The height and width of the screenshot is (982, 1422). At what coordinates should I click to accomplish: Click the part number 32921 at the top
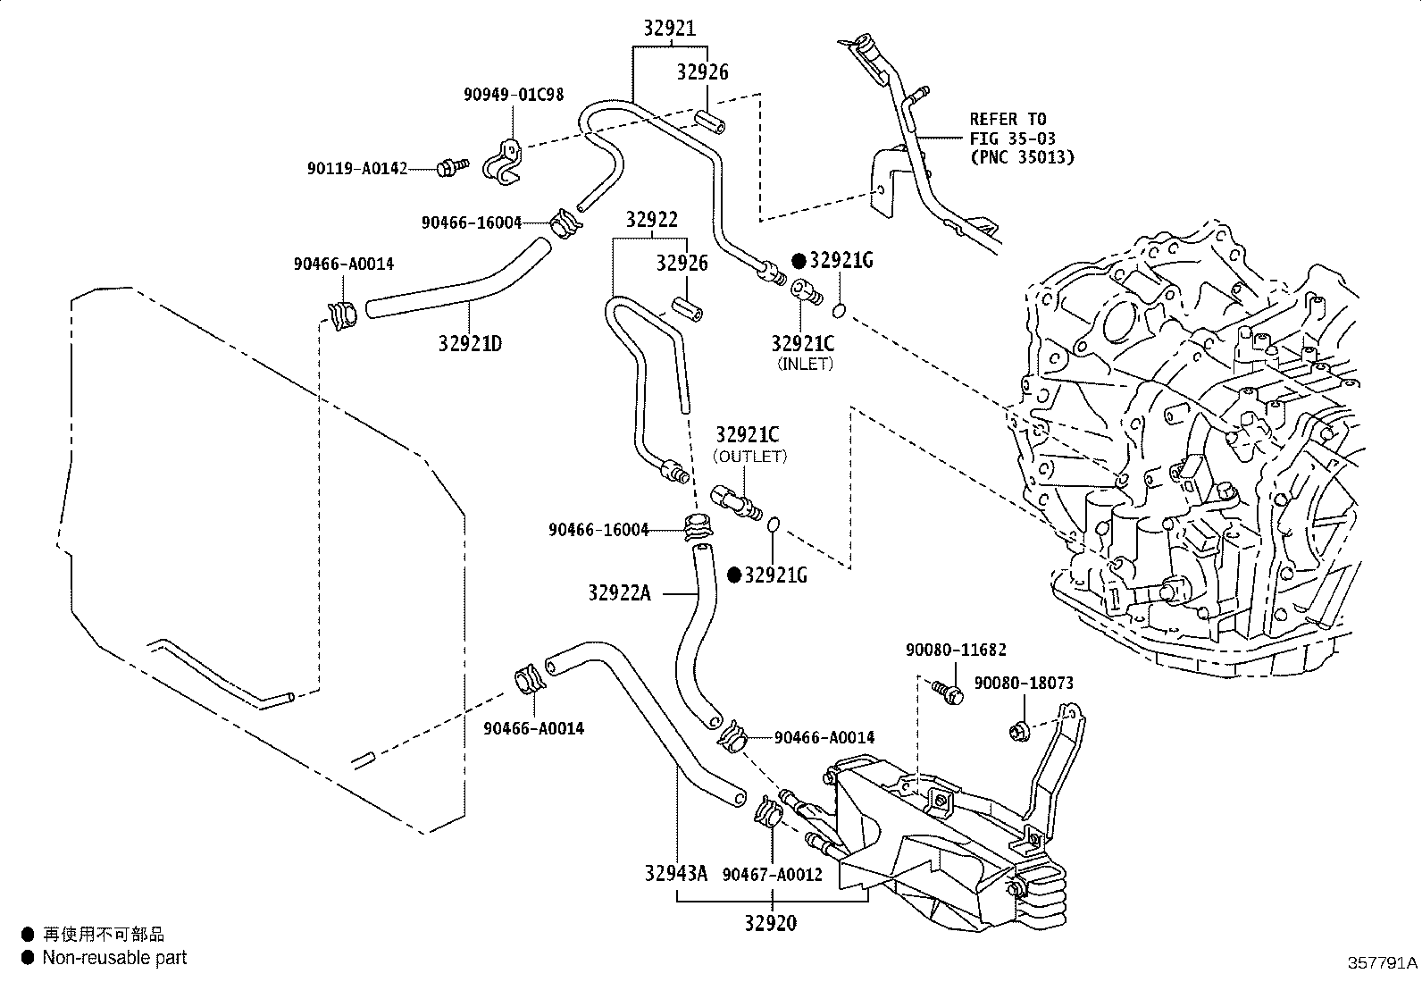pyautogui.click(x=670, y=29)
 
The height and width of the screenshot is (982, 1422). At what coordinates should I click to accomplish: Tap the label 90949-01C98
pyautogui.click(x=514, y=95)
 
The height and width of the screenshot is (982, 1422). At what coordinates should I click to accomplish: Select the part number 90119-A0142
pyautogui.click(x=357, y=169)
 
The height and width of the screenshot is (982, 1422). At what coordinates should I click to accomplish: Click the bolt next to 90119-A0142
pyautogui.click(x=453, y=167)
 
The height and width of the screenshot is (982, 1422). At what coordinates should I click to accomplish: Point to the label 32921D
pyautogui.click(x=470, y=344)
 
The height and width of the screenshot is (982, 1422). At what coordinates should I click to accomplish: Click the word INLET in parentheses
pyautogui.click(x=805, y=364)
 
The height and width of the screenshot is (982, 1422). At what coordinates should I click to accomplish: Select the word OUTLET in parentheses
pyautogui.click(x=749, y=457)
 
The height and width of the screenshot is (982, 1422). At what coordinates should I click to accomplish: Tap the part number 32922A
pyautogui.click(x=620, y=593)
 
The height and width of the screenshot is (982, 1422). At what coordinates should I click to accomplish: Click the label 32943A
pyautogui.click(x=675, y=873)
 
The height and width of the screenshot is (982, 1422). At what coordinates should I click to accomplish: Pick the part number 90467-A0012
pyautogui.click(x=773, y=875)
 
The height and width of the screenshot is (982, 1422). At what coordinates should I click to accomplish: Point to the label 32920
pyautogui.click(x=771, y=923)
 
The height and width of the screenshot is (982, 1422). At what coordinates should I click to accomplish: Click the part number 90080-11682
pyautogui.click(x=956, y=650)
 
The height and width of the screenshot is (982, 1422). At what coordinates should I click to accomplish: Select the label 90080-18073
pyautogui.click(x=1024, y=683)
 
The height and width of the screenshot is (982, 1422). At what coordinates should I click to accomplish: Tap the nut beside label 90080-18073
pyautogui.click(x=1019, y=731)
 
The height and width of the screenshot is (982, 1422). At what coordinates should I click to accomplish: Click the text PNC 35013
pyautogui.click(x=1023, y=157)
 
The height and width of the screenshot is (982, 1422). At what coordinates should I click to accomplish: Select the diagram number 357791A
pyautogui.click(x=1382, y=963)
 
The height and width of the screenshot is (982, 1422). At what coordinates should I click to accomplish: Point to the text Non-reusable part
pyautogui.click(x=114, y=957)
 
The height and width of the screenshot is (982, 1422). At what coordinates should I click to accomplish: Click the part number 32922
pyautogui.click(x=652, y=220)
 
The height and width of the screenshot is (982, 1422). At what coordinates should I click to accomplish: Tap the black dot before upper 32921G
pyautogui.click(x=799, y=260)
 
